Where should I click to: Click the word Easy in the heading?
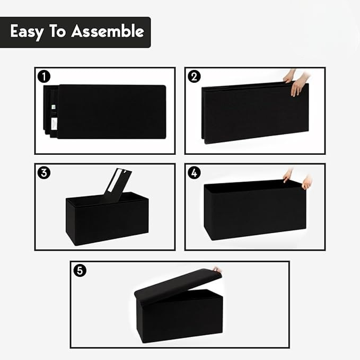click(27, 31)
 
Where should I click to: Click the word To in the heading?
click(57, 31)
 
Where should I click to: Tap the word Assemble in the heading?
click(108, 31)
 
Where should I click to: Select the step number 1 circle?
click(43, 77)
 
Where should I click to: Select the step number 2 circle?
click(194, 77)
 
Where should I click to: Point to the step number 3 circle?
click(43, 173)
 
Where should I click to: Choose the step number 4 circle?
click(194, 173)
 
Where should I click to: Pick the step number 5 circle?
click(80, 270)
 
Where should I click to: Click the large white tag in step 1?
click(54, 124)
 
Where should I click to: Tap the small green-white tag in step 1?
click(54, 107)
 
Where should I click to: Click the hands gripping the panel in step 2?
click(296, 83)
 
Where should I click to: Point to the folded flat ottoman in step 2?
click(255, 112)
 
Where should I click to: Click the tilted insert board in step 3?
click(117, 186)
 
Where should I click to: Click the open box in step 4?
click(255, 210)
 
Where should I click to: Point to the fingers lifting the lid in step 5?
click(217, 269)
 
